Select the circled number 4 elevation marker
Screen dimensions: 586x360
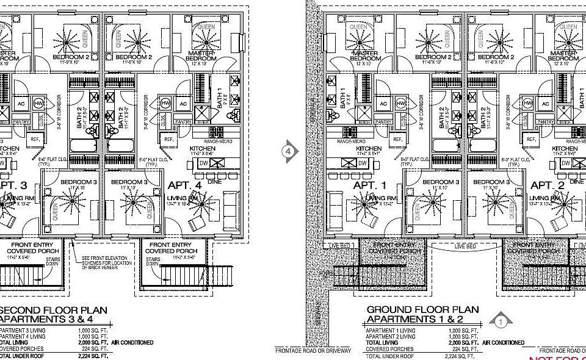290,149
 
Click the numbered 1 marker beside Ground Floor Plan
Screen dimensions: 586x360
500,319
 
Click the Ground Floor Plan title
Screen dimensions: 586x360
423,310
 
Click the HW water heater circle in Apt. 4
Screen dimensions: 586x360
166,104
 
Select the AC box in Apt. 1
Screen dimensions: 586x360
383,104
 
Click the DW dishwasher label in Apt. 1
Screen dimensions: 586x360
362,163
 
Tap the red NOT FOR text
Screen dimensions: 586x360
556,357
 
